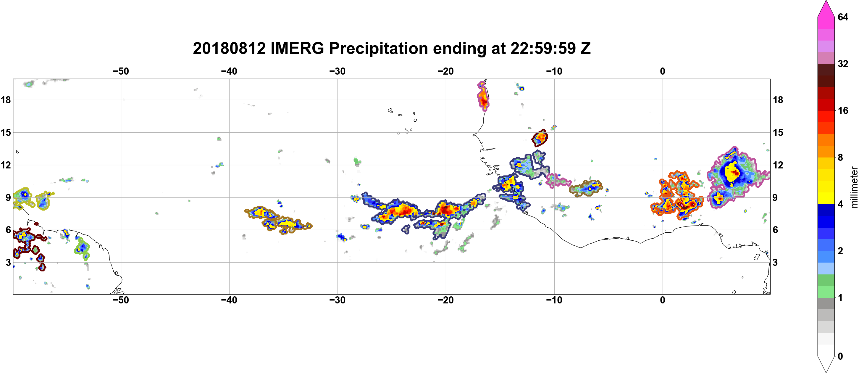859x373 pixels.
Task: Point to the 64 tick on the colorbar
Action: pyautogui.click(x=843, y=17)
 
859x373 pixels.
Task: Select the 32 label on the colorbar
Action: pyautogui.click(x=843, y=64)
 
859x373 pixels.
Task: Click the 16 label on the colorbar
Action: pyautogui.click(x=843, y=110)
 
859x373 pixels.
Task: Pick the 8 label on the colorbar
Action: pyautogui.click(x=840, y=157)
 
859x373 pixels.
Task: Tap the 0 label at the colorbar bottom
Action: pyautogui.click(x=840, y=356)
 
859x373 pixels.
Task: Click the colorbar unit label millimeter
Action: pyautogui.click(x=854, y=187)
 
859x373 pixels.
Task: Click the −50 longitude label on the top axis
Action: pyautogui.click(x=121, y=71)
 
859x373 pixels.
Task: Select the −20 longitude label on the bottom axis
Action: pyautogui.click(x=446, y=300)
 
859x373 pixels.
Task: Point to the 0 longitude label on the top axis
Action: pyautogui.click(x=663, y=71)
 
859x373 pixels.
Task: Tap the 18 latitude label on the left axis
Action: pyautogui.click(x=6, y=100)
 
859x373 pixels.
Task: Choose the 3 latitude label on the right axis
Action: pyautogui.click(x=775, y=263)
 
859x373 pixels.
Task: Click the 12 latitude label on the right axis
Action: pyautogui.click(x=778, y=165)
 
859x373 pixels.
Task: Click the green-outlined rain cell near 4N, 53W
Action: pyautogui.click(x=82, y=248)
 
